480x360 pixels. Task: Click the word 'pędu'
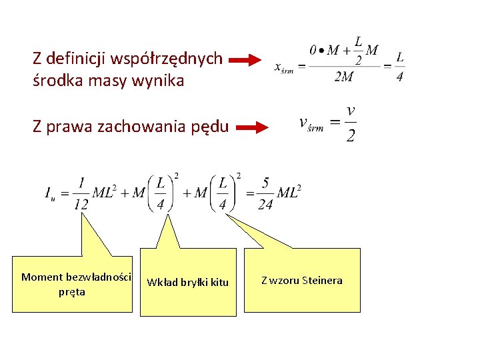click(x=211, y=126)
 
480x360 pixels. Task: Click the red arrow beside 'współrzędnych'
click(x=245, y=61)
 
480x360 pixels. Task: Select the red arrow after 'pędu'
click(x=252, y=128)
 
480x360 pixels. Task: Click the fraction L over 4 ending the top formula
click(x=399, y=66)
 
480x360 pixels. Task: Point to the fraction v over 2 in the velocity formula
click(x=351, y=123)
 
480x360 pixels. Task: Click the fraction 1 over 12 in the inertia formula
click(x=81, y=193)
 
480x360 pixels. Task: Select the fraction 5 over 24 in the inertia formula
click(x=265, y=193)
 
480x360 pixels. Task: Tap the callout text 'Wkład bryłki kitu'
click(x=187, y=283)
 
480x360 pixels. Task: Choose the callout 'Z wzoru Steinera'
click(x=302, y=281)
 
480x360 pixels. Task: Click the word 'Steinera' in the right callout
click(x=322, y=281)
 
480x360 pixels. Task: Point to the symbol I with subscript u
click(x=49, y=194)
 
